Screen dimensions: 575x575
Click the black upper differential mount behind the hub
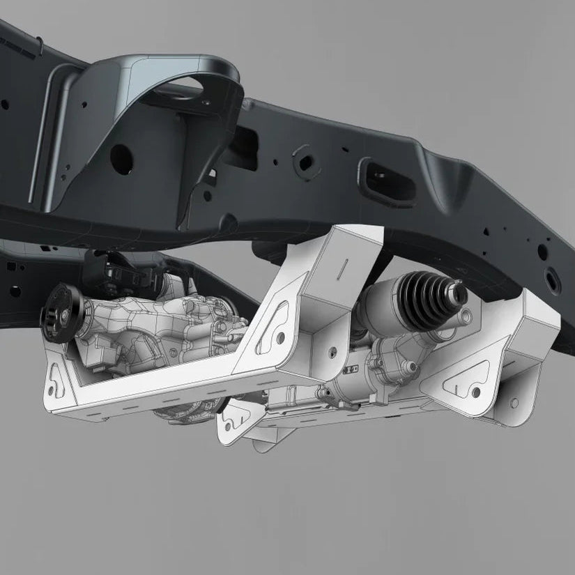[x=105, y=268]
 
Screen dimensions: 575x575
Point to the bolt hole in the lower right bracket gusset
[x=515, y=403]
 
